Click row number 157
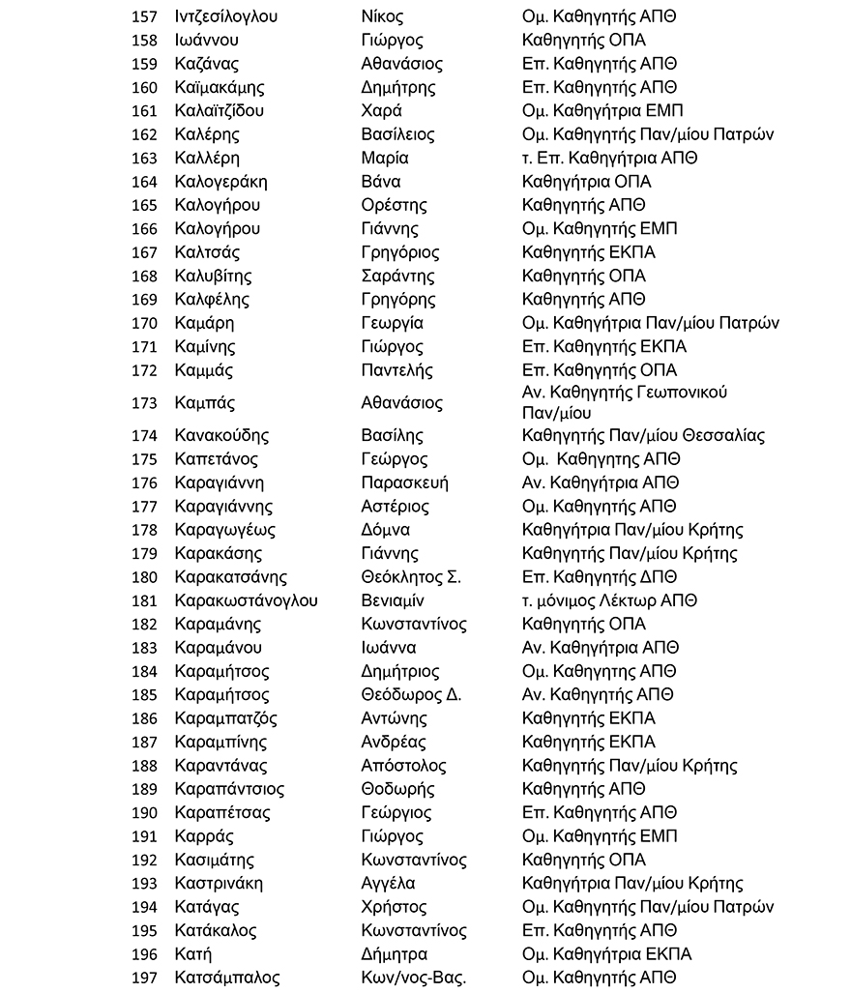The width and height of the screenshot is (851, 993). tap(143, 16)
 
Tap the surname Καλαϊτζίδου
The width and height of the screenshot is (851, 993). tap(220, 110)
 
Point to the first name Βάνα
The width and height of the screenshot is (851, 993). tap(380, 182)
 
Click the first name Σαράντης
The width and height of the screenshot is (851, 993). tap(397, 276)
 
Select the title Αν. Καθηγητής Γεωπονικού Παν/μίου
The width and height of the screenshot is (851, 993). tap(624, 402)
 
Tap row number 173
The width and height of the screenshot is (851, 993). tap(143, 403)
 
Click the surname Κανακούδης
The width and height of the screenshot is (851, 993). tap(221, 435)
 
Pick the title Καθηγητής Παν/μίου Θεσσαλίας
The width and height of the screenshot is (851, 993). tap(643, 435)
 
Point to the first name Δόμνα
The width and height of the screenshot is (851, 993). tap(385, 530)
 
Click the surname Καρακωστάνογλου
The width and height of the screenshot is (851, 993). tap(246, 600)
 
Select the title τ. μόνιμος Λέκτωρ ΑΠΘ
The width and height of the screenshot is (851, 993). tap(609, 600)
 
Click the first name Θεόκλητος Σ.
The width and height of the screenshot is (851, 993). tap(410, 577)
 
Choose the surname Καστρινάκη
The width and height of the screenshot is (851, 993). tap(219, 883)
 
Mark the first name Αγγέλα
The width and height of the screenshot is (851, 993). tap(388, 883)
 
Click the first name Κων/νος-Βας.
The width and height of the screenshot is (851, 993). tap(413, 978)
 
